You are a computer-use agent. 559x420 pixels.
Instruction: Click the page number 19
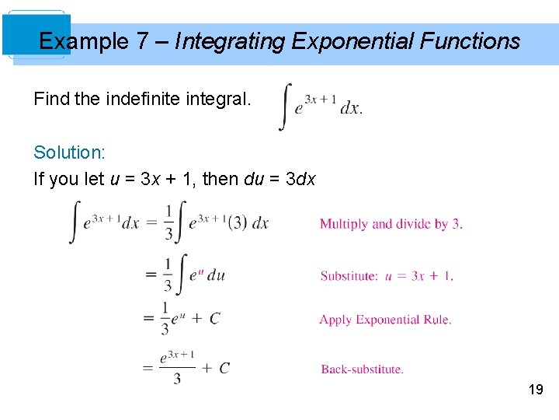click(535, 389)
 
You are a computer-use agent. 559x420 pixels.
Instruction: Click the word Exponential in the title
click(349, 40)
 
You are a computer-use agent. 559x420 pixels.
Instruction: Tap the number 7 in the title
click(142, 40)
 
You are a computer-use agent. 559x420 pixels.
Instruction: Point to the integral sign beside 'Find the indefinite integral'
click(285, 107)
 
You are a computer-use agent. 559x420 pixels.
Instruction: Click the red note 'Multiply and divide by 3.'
click(391, 224)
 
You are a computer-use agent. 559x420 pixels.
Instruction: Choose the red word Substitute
click(349, 275)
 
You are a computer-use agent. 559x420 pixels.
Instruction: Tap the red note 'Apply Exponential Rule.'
click(385, 320)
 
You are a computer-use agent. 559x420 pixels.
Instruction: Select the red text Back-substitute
click(362, 369)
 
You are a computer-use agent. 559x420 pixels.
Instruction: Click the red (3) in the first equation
click(238, 222)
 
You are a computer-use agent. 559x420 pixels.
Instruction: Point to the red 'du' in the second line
click(216, 275)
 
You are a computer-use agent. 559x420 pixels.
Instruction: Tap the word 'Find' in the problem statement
click(52, 100)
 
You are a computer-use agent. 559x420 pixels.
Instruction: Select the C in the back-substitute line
click(224, 368)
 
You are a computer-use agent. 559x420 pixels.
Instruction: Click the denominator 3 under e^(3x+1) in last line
click(177, 379)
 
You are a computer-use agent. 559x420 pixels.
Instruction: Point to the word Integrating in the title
click(230, 40)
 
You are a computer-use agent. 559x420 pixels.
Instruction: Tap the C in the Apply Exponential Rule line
click(215, 318)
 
